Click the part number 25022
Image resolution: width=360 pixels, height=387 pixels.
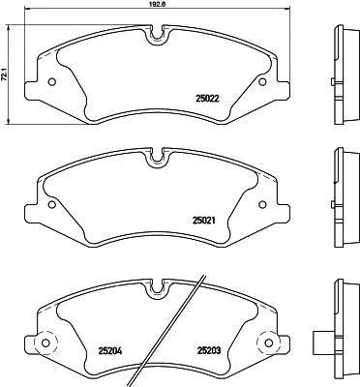click(x=207, y=98)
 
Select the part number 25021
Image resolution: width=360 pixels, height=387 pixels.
click(x=204, y=221)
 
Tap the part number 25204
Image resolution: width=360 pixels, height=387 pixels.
click(x=110, y=351)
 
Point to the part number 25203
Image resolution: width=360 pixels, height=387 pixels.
click(x=209, y=350)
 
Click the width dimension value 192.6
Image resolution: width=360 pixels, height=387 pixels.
click(x=159, y=4)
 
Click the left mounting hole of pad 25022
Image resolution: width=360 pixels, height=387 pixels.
click(x=51, y=82)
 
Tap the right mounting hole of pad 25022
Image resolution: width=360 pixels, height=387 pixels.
click(x=263, y=81)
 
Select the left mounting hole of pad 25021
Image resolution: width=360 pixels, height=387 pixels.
click(x=51, y=204)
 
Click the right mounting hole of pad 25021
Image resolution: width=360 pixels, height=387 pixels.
click(x=262, y=204)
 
